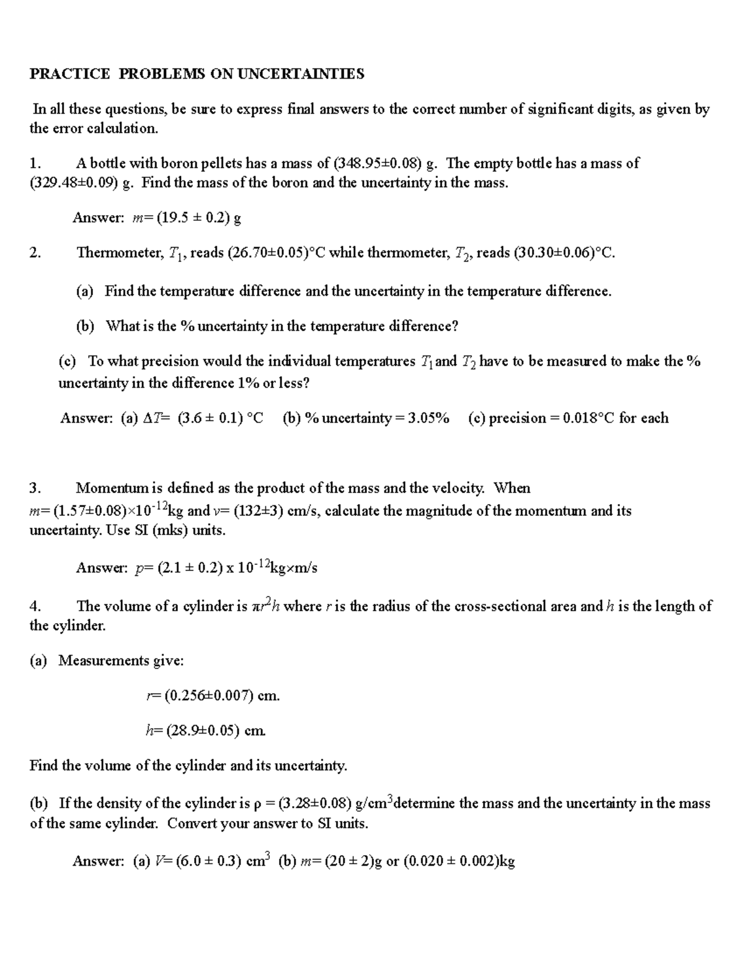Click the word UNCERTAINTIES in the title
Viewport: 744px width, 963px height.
(x=301, y=74)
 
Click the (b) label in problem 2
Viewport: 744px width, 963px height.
(x=85, y=326)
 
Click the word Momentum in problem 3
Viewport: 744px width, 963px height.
(x=110, y=489)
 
